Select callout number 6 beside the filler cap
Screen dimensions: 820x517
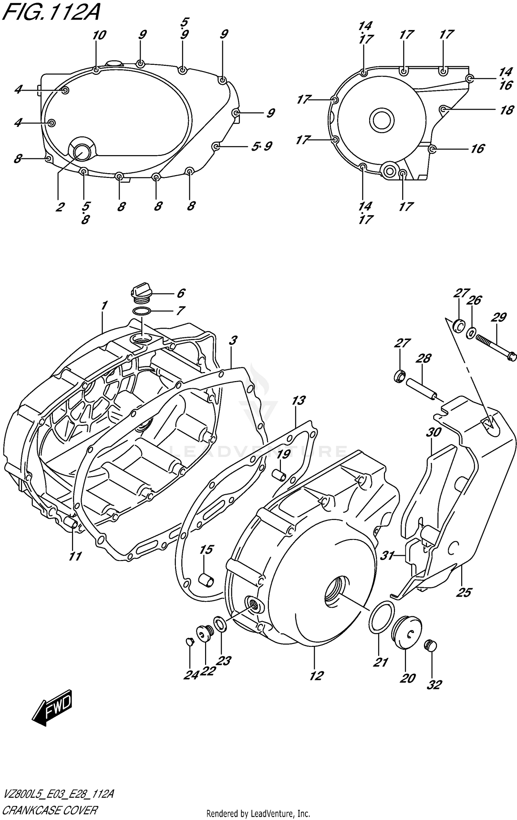click(x=181, y=293)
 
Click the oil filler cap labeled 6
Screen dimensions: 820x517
click(x=141, y=291)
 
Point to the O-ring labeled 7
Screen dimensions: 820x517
click(x=141, y=311)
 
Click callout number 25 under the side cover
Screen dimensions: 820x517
click(x=464, y=592)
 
